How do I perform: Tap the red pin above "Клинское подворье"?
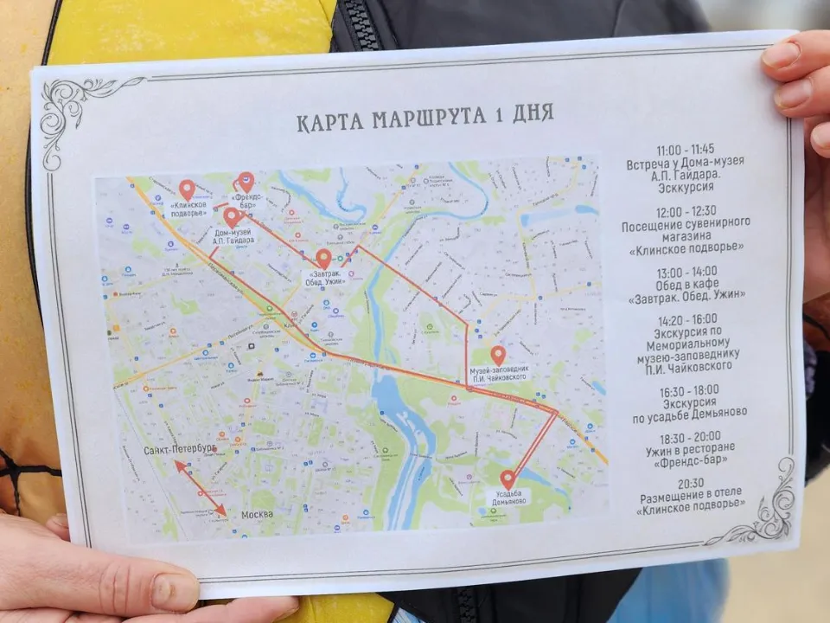(187, 189)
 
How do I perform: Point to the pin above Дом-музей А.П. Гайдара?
(232, 216)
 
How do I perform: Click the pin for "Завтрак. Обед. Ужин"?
(323, 258)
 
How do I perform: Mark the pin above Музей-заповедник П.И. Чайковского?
(498, 355)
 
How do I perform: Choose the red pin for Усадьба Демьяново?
(508, 478)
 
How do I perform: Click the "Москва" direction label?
(257, 514)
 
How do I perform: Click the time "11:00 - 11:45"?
(685, 148)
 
